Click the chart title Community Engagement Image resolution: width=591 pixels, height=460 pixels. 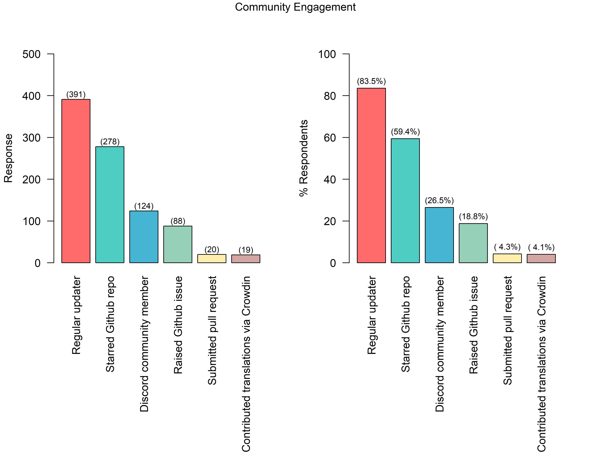(x=295, y=7)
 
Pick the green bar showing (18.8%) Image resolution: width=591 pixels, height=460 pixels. (x=473, y=243)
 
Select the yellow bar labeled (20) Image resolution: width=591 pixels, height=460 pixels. (x=212, y=259)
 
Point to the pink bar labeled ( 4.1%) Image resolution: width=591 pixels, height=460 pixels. (x=541, y=259)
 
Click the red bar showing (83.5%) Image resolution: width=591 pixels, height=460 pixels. (x=371, y=175)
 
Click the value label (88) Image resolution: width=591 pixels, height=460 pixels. (x=178, y=221)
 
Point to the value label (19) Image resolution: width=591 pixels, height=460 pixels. (x=246, y=250)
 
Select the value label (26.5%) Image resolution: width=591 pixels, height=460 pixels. (x=439, y=201)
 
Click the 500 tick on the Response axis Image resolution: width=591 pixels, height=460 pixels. (x=31, y=54)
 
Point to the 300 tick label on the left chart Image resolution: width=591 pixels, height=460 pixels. (x=31, y=138)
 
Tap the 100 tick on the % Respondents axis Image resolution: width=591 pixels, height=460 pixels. (x=327, y=54)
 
